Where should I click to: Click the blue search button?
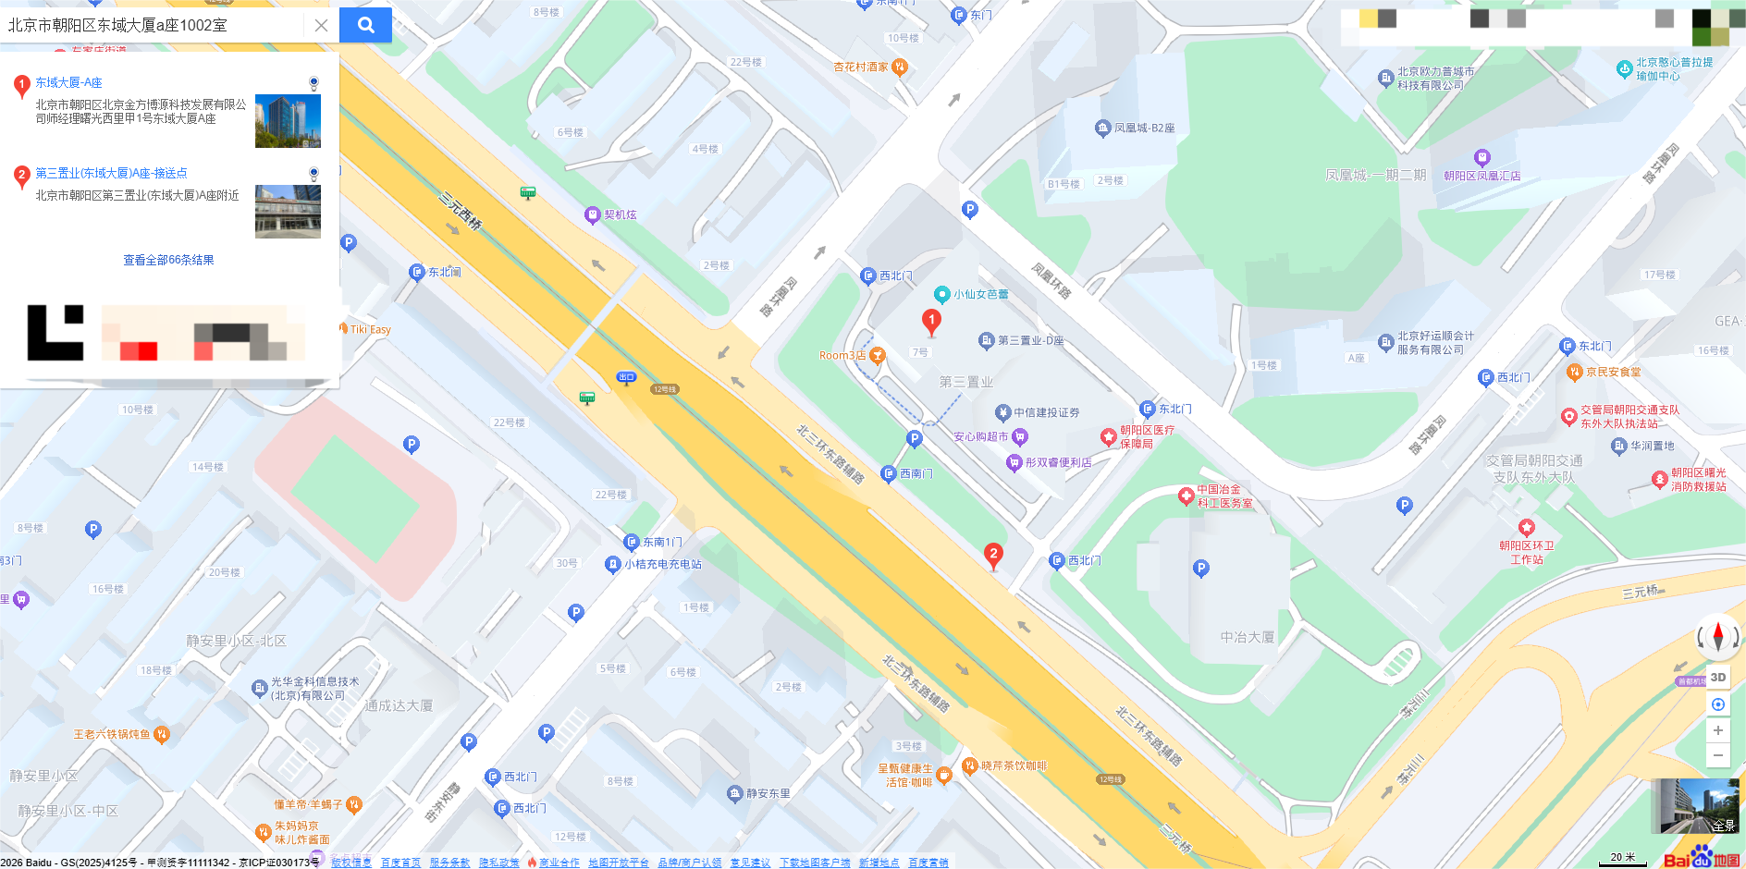pyautogui.click(x=365, y=25)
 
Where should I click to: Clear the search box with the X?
pyautogui.click(x=321, y=25)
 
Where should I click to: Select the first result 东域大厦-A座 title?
pyautogui.click(x=68, y=83)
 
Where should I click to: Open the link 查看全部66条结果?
pyautogui.click(x=168, y=261)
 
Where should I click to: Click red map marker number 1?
pyautogui.click(x=931, y=321)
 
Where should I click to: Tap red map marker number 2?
pyautogui.click(x=993, y=555)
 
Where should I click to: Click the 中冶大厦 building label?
pyautogui.click(x=1247, y=637)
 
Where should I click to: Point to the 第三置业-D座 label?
pyautogui.click(x=1030, y=341)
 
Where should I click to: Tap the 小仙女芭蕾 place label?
pyautogui.click(x=980, y=295)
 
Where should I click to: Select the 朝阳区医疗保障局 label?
pyautogui.click(x=1147, y=436)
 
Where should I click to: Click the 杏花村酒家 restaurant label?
pyautogui.click(x=861, y=67)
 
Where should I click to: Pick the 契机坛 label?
pyautogui.click(x=620, y=214)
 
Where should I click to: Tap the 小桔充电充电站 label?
pyautogui.click(x=662, y=564)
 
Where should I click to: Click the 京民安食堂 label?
pyautogui.click(x=1613, y=373)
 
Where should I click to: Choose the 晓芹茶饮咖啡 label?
pyautogui.click(x=1014, y=766)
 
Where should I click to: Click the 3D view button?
pyautogui.click(x=1717, y=677)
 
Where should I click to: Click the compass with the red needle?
pyautogui.click(x=1717, y=636)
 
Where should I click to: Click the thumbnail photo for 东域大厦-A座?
pyautogui.click(x=288, y=120)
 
